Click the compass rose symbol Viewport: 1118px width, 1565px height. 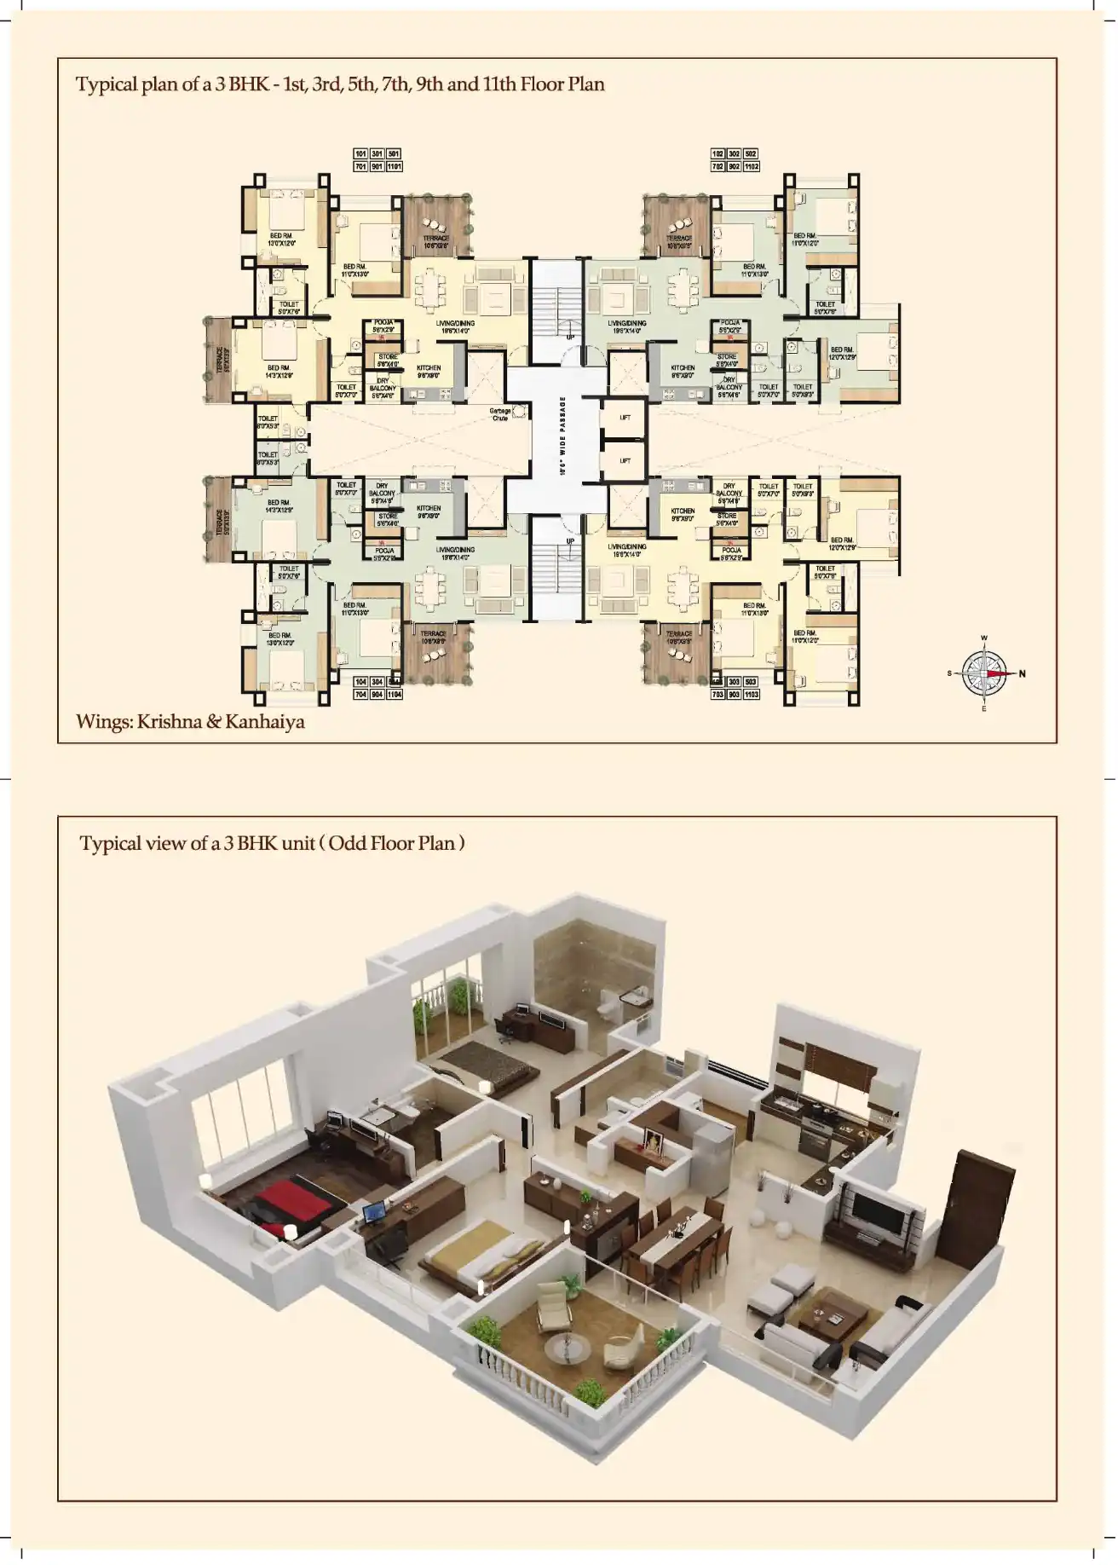click(x=984, y=673)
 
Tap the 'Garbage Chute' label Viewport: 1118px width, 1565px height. click(x=500, y=414)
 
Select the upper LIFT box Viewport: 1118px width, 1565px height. click(x=625, y=418)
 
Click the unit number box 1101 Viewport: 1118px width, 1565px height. click(x=394, y=167)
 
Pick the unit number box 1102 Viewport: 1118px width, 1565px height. click(x=751, y=167)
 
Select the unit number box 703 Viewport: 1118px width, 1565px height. click(x=718, y=695)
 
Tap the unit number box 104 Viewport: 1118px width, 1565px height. click(x=361, y=683)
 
